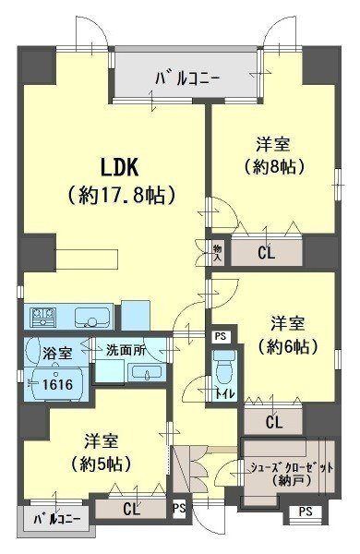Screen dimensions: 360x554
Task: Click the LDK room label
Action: pos(120,167)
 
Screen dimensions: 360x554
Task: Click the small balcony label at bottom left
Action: pos(57,519)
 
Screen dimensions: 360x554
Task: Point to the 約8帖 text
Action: pos(274,167)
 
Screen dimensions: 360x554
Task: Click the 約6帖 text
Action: pos(288,346)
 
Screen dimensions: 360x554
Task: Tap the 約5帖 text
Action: pos(102,464)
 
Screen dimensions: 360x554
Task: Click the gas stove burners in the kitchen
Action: pos(43,316)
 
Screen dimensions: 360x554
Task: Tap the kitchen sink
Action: pos(92,317)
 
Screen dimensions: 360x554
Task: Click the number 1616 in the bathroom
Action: pos(57,384)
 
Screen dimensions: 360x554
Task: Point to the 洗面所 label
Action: pos(126,350)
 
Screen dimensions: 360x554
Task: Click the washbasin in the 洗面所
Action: pos(147,372)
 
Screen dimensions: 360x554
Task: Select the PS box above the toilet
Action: pos(221,336)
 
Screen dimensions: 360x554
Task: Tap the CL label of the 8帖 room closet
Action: pos(267,253)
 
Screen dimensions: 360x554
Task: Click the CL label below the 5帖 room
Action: pos(131,509)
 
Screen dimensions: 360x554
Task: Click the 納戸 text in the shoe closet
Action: pos(292,480)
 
